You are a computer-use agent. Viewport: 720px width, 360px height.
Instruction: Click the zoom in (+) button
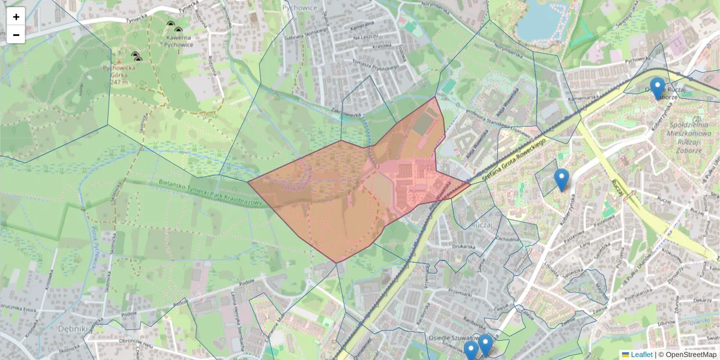[x=16, y=17]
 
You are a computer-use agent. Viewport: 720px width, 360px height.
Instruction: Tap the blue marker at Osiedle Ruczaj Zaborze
[x=658, y=88]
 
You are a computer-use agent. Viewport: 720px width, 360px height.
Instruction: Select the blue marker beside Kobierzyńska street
[x=561, y=179]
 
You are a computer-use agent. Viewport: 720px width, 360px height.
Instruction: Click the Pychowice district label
[x=299, y=7]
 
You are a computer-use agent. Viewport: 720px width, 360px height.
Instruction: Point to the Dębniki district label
[x=74, y=329]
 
